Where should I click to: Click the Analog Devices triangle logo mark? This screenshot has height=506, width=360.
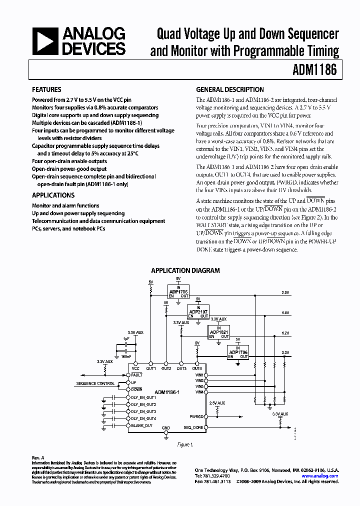pos(45,41)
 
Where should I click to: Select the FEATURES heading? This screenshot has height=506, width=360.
pos(46,90)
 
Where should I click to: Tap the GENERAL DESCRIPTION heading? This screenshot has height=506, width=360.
pos(229,90)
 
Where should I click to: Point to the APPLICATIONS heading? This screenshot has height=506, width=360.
pos(53,195)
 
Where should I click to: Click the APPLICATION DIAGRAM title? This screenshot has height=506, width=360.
pos(185,270)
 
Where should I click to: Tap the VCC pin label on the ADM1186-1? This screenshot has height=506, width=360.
pos(135,368)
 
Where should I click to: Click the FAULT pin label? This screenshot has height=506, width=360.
pos(137,374)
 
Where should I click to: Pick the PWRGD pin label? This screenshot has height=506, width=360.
pos(196,416)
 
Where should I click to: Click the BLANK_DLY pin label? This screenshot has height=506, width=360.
pos(141,425)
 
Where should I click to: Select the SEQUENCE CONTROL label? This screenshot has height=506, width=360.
pos(95,383)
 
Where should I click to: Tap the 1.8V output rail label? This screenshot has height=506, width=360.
pos(285,312)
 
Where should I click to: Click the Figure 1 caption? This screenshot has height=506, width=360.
pos(185,444)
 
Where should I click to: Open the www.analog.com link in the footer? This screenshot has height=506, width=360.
pos(320,476)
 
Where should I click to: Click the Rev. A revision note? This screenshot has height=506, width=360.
pos(38,457)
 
